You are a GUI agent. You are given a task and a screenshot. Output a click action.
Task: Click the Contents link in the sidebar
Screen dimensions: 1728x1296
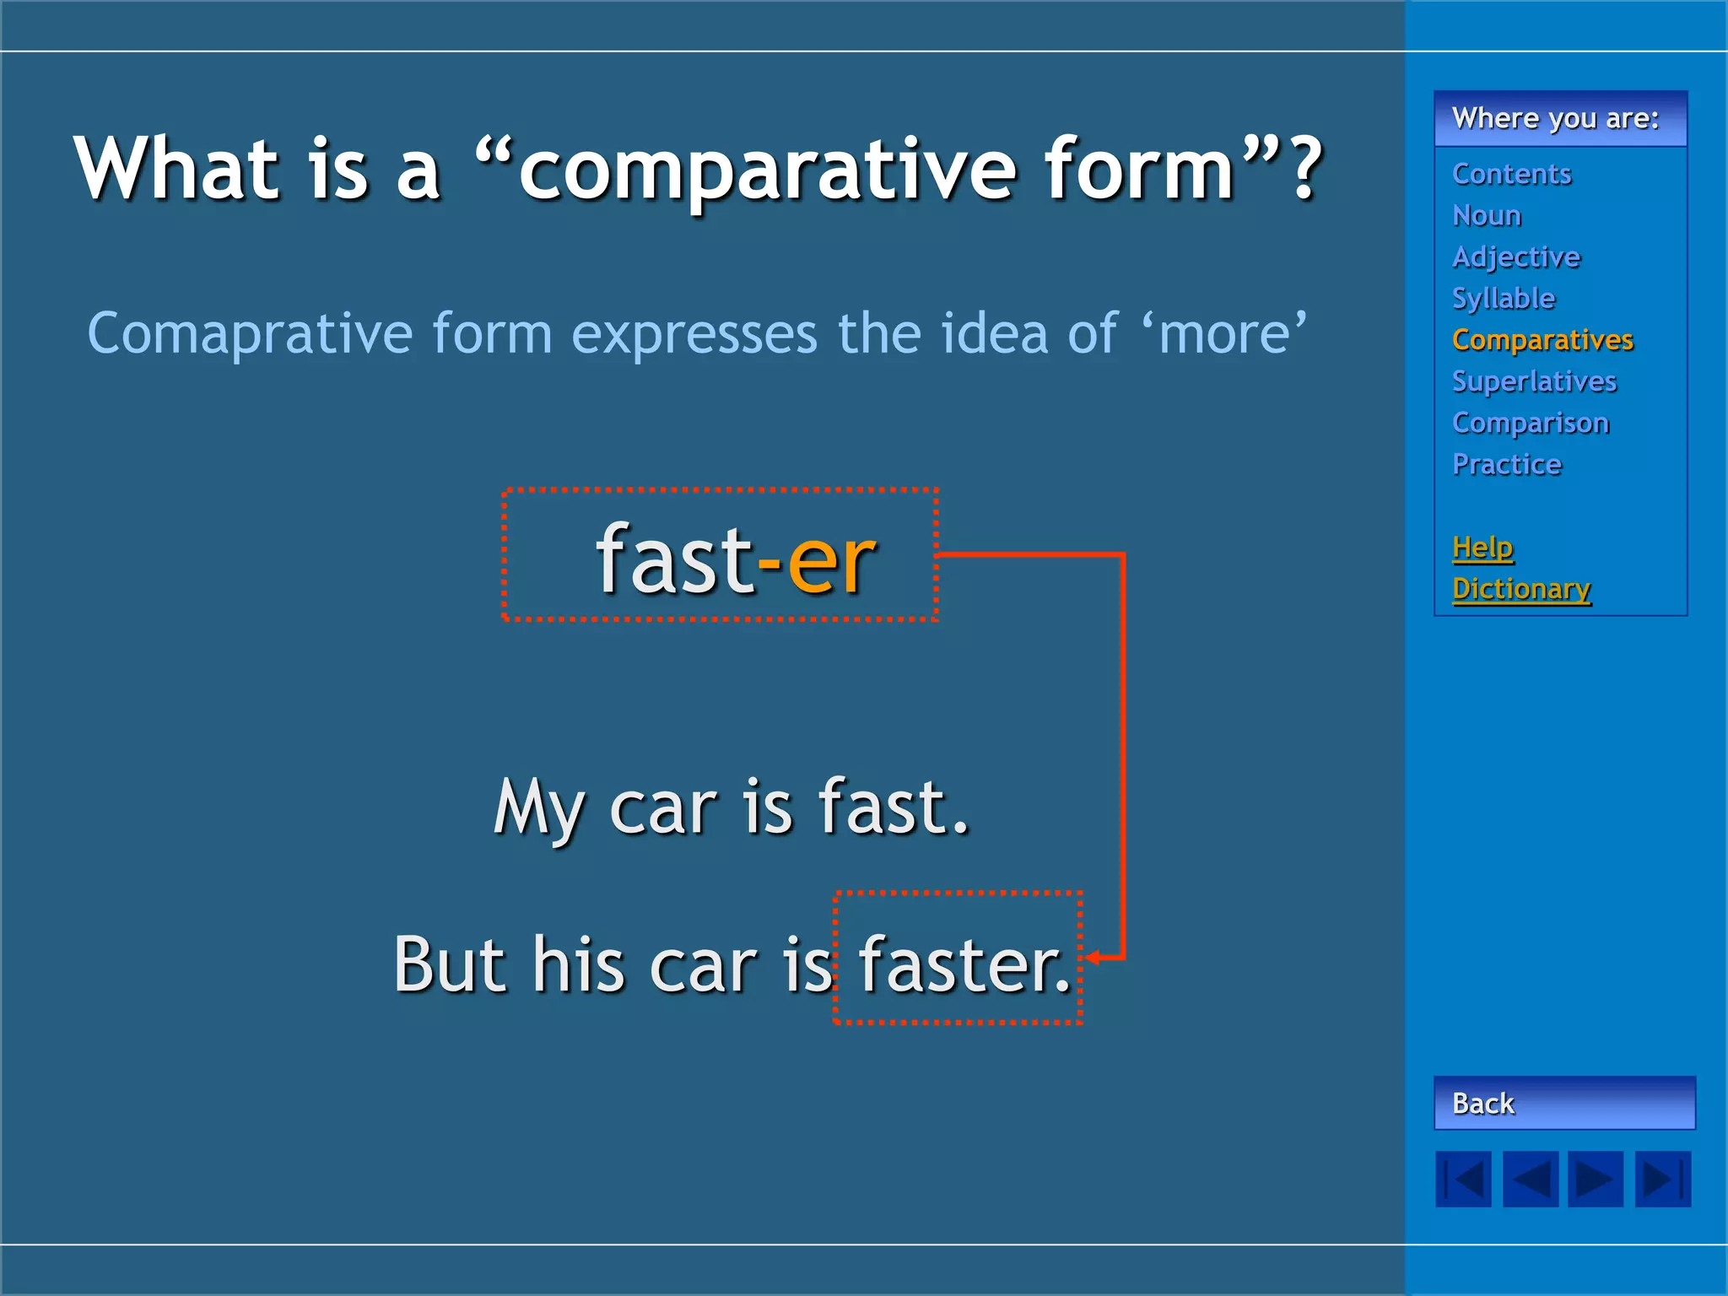tap(1511, 174)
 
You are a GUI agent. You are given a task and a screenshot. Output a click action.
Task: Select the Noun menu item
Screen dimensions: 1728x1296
tap(1487, 215)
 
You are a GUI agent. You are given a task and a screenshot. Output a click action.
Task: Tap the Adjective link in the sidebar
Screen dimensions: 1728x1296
tap(1516, 257)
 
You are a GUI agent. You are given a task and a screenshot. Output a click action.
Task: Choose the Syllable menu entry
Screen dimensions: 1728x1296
tap(1504, 299)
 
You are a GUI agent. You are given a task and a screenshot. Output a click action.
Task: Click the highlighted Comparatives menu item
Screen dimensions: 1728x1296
tap(1542, 340)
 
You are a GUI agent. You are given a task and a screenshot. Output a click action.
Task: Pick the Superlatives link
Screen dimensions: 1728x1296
tap(1535, 381)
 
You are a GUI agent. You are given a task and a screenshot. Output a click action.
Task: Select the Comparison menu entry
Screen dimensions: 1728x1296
tap(1531, 423)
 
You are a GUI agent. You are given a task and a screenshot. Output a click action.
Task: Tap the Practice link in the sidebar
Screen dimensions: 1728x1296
tap(1507, 464)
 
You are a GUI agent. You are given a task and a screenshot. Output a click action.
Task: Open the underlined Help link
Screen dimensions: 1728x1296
tap(1482, 548)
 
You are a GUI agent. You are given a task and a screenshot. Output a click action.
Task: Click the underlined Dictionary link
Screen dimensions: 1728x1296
tap(1521, 589)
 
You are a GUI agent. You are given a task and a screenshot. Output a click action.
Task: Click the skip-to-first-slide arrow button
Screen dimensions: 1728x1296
tap(1463, 1179)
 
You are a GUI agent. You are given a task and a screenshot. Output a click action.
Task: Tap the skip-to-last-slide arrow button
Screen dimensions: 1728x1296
tap(1663, 1179)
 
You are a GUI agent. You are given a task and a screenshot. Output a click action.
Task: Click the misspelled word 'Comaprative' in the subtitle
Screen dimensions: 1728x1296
tap(250, 334)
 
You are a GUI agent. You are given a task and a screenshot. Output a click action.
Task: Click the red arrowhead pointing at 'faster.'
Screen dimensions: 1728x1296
tap(1093, 958)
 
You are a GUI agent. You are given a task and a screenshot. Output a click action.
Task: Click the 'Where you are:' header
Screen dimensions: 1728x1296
tap(1555, 119)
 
